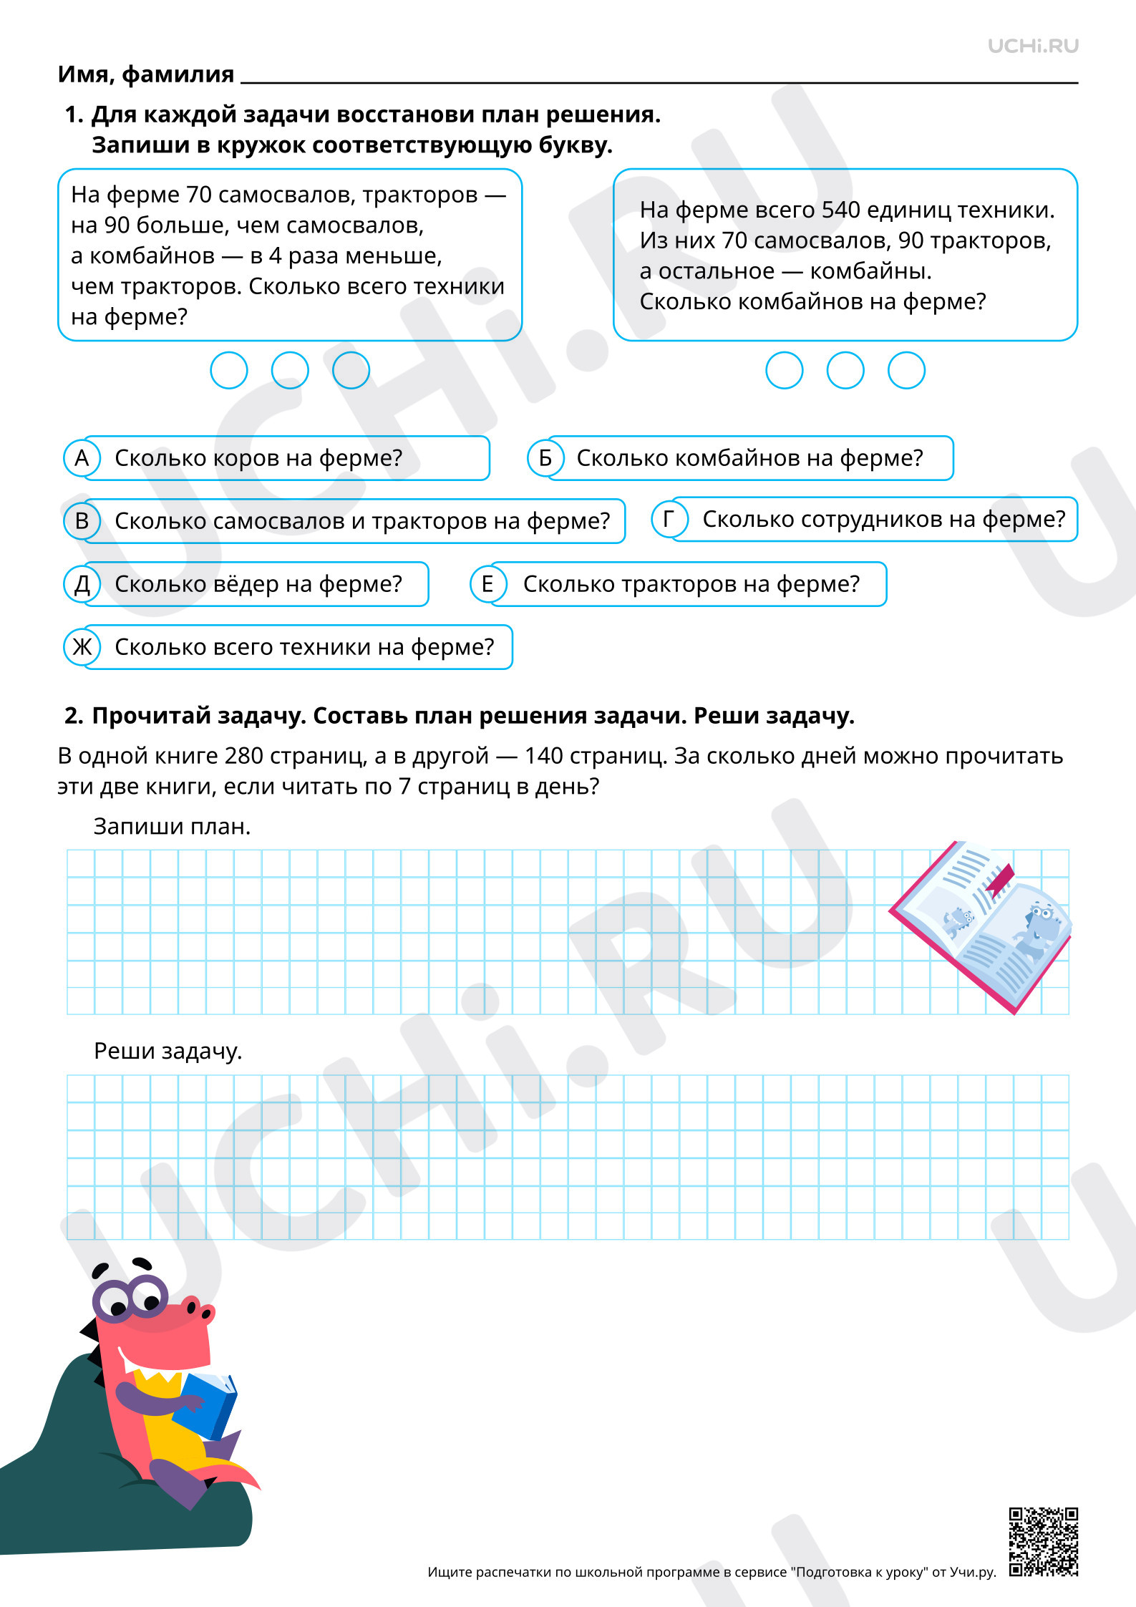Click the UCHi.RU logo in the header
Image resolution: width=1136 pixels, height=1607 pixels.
coord(1033,47)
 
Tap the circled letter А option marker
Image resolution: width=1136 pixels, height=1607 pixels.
coord(82,458)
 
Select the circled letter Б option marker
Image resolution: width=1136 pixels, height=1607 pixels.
coord(545,458)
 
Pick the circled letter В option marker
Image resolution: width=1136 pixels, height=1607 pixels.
coord(82,521)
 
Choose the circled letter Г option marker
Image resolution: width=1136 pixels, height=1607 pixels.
coord(669,519)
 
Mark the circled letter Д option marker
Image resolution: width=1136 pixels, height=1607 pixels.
coord(82,584)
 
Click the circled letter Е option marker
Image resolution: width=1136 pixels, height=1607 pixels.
coord(487,584)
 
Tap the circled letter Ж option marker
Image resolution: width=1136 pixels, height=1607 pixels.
coord(82,647)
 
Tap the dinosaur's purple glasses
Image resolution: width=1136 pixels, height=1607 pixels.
coord(129,1298)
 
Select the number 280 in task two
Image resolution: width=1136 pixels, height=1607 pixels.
coord(243,756)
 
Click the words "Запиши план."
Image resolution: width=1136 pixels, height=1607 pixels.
coord(172,827)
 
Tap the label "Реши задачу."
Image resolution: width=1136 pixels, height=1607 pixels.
coord(168,1051)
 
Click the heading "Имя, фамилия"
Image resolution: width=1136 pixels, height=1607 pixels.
coord(146,74)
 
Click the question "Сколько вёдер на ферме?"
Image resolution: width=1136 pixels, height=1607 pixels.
coord(258,584)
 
